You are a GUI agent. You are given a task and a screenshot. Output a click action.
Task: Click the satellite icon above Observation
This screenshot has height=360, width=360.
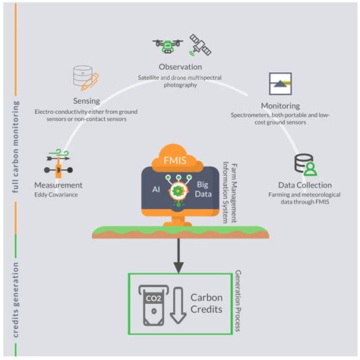pos(200,44)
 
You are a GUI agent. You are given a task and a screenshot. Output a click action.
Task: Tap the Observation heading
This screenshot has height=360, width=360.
pos(179,67)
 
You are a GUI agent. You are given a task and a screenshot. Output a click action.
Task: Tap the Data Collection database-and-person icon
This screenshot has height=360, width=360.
pos(305,165)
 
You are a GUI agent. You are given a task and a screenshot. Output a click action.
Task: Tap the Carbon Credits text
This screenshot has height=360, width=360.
pos(206,305)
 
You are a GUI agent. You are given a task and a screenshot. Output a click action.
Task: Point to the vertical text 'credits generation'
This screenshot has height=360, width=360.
pos(15,289)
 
